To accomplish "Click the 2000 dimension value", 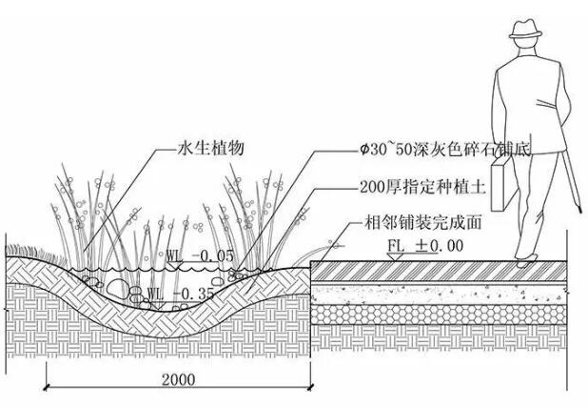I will click(178, 379).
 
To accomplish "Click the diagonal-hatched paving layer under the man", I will click(447, 272).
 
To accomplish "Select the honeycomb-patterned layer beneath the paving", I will click(447, 315).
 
